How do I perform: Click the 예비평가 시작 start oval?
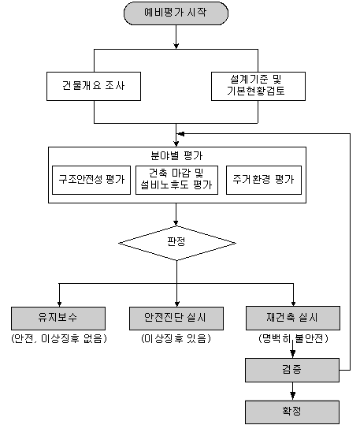[176, 13]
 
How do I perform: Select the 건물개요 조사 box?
[94, 86]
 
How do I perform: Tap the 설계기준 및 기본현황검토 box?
[258, 86]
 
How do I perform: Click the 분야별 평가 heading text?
[176, 155]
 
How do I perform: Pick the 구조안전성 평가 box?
[91, 181]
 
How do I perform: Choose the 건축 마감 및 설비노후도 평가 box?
[176, 181]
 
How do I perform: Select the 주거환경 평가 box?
[264, 181]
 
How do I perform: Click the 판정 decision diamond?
[177, 243]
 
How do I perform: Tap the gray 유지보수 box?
[58, 319]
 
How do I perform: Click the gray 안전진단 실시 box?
[176, 319]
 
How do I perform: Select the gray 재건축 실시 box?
[293, 319]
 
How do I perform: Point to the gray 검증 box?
[292, 371]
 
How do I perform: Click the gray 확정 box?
[292, 412]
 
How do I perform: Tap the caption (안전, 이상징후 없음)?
[59, 338]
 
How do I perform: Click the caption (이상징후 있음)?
[176, 338]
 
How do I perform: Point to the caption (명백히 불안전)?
[293, 338]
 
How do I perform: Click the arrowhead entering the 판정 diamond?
[176, 223]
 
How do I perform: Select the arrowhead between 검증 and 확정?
[292, 396]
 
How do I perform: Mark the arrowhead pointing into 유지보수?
[59, 304]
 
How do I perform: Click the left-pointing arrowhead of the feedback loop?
[180, 134]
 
